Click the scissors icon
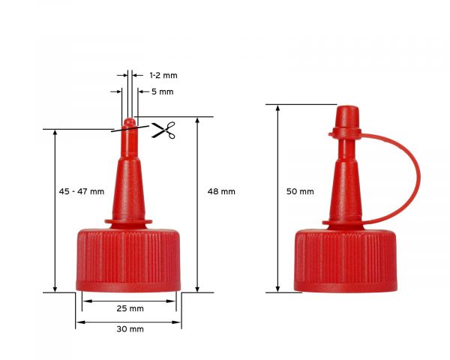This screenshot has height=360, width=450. pyautogui.click(x=163, y=130)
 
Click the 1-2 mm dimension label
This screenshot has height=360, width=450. pyautogui.click(x=163, y=76)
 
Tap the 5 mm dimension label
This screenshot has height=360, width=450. pyautogui.click(x=162, y=91)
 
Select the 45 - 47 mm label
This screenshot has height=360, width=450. pyautogui.click(x=81, y=192)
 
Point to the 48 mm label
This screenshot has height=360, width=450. pyautogui.click(x=221, y=191)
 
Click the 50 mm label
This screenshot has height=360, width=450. pyautogui.click(x=300, y=192)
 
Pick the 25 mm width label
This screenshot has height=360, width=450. pyautogui.click(x=130, y=309)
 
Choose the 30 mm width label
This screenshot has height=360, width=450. pyautogui.click(x=130, y=328)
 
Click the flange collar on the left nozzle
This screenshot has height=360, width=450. pyautogui.click(x=128, y=220)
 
